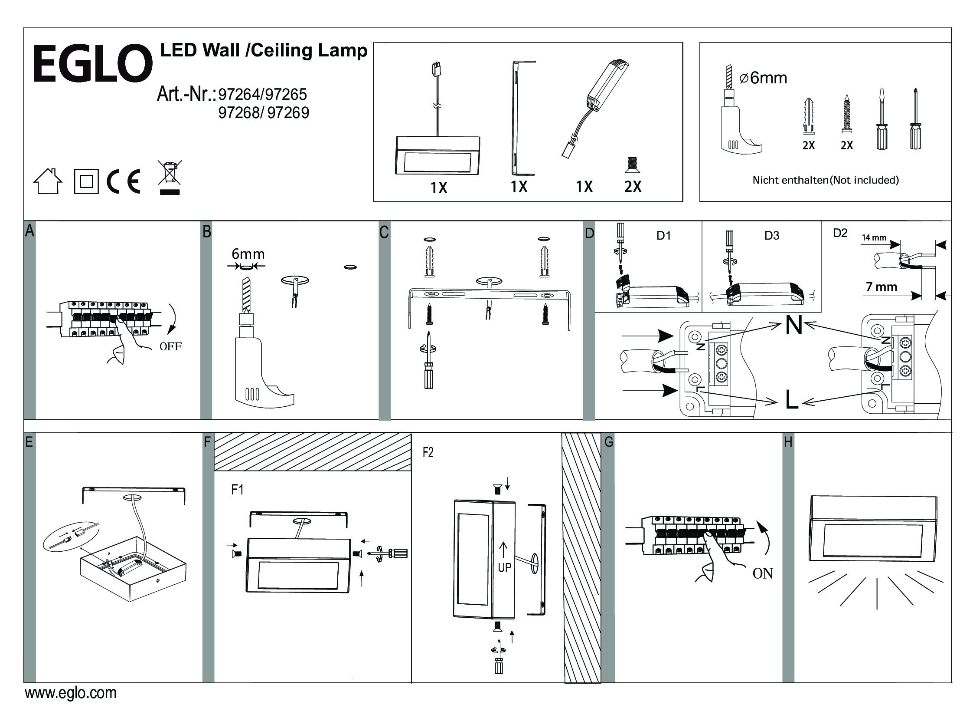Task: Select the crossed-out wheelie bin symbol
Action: (x=170, y=177)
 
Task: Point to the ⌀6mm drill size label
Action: (x=763, y=78)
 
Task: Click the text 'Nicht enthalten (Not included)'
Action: (x=826, y=180)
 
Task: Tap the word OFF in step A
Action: (x=171, y=346)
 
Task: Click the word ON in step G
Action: (x=763, y=573)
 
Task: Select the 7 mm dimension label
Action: (x=882, y=287)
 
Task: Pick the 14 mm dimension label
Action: (x=874, y=238)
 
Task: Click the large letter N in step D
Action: (x=793, y=325)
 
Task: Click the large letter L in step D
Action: (x=791, y=400)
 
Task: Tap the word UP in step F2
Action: (x=505, y=567)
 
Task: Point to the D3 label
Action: (x=771, y=236)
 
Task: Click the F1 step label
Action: (x=237, y=490)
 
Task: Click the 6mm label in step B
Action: (x=248, y=254)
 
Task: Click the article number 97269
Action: (x=288, y=113)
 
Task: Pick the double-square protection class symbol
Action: (x=86, y=181)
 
